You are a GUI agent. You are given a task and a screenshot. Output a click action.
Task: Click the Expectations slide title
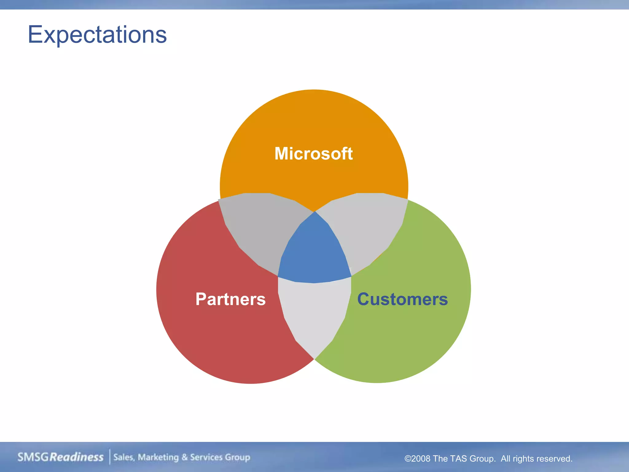tap(97, 34)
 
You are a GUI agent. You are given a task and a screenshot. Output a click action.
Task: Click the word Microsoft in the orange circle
tap(314, 153)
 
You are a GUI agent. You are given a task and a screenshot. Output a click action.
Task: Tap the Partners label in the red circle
tap(230, 299)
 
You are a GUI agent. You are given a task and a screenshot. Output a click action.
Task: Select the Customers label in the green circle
tap(402, 299)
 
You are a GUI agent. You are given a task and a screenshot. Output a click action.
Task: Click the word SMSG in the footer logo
tap(33, 457)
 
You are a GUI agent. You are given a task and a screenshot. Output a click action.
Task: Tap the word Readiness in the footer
tap(76, 457)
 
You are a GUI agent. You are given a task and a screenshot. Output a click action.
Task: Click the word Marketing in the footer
tap(158, 457)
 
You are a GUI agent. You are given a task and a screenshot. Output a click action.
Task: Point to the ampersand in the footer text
tap(184, 457)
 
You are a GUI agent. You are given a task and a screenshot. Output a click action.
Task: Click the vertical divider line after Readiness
tap(110, 457)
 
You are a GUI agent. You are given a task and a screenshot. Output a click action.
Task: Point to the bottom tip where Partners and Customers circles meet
tap(314, 359)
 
